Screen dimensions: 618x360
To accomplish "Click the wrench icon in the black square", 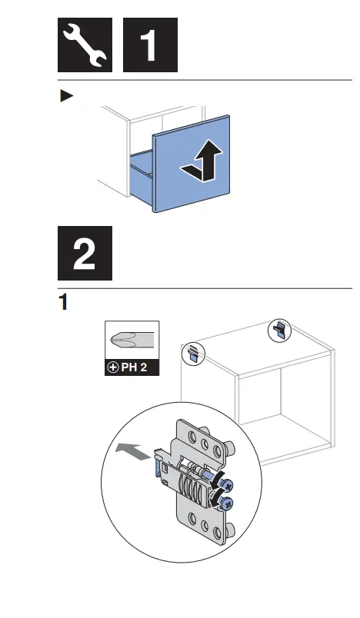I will point(85,45).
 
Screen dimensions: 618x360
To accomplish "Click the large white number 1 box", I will point(151,45).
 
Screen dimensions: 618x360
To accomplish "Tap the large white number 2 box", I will point(85,253).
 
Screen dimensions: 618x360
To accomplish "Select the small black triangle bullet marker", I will point(66,96).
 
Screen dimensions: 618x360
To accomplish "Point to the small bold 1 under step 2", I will point(65,302).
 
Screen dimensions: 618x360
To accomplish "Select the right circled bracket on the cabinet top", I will point(279,331).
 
